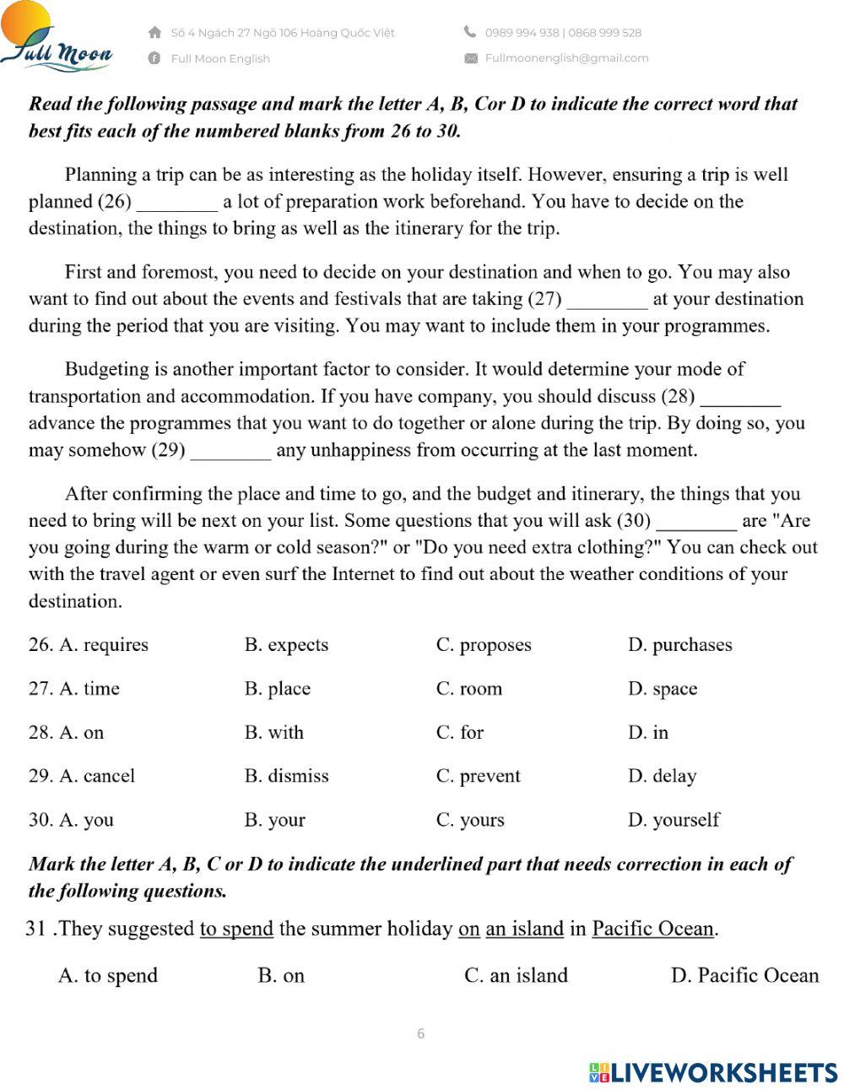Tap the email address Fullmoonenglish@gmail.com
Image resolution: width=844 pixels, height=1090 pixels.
pyautogui.click(x=566, y=58)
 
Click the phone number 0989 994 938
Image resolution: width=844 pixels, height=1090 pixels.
pyautogui.click(x=522, y=33)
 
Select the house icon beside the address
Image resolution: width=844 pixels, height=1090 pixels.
pyautogui.click(x=154, y=33)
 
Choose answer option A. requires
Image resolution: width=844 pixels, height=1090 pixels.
pyautogui.click(x=103, y=645)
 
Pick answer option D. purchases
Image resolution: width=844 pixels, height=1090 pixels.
pyautogui.click(x=679, y=645)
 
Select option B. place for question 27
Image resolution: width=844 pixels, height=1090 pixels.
pyautogui.click(x=278, y=689)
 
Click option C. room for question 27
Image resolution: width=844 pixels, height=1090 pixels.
pyautogui.click(x=469, y=689)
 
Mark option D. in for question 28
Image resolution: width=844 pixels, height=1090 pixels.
pyautogui.click(x=648, y=733)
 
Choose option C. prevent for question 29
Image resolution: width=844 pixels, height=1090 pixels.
pyautogui.click(x=479, y=776)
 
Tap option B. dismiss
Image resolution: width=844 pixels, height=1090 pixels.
pyautogui.click(x=287, y=776)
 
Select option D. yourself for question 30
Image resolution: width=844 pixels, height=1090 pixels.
pyautogui.click(x=674, y=820)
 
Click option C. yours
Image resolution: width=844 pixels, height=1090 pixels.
pyautogui.click(x=470, y=820)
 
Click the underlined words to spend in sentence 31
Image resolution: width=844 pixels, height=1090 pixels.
pyautogui.click(x=236, y=929)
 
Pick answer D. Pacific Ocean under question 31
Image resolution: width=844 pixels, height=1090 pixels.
pyautogui.click(x=744, y=976)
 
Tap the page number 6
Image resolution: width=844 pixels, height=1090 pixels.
pyautogui.click(x=421, y=1033)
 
